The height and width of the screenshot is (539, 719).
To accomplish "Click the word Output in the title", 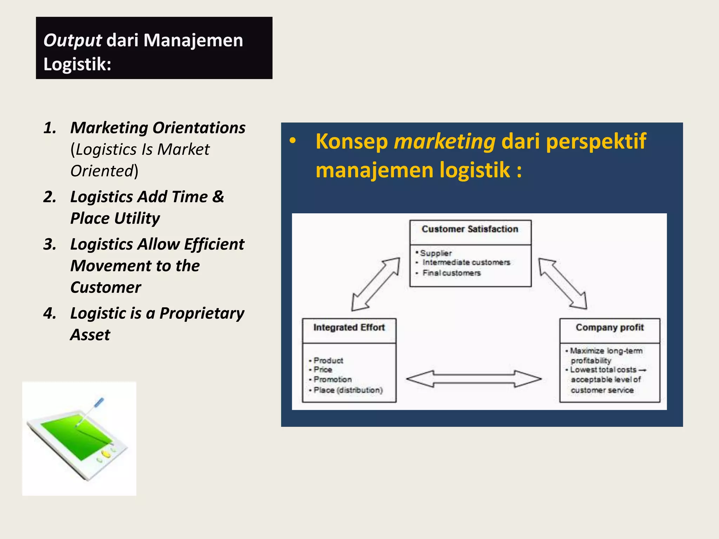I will (x=72, y=41).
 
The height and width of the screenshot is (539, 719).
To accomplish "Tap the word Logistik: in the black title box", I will (x=77, y=64).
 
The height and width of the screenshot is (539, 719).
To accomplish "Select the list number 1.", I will (x=50, y=128).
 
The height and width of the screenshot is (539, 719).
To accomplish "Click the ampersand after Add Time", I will (x=218, y=197).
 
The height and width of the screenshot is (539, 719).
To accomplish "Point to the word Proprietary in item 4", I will (x=202, y=313).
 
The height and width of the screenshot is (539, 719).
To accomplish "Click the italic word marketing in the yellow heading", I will (x=444, y=141).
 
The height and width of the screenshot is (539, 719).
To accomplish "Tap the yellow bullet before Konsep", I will (x=292, y=141).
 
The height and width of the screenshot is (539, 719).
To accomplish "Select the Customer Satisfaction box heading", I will (x=470, y=229).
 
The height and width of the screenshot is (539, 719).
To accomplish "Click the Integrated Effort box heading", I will (x=349, y=327).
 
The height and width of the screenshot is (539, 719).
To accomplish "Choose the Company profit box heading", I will (x=609, y=327).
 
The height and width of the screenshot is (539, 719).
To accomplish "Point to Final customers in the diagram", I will (x=451, y=273).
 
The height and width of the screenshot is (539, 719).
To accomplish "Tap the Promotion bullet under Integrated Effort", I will (x=332, y=379).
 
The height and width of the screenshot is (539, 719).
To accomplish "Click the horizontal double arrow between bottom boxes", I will (x=474, y=379).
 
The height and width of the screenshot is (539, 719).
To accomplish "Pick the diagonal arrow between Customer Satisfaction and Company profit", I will (x=562, y=284).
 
